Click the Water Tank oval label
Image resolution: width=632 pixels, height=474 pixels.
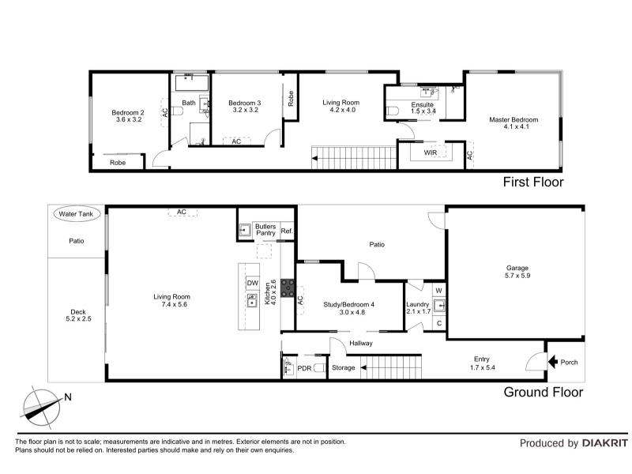(x=76, y=214)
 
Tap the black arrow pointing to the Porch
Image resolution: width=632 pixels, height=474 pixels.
(x=552, y=362)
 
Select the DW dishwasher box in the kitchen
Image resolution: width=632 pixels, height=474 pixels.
(x=252, y=283)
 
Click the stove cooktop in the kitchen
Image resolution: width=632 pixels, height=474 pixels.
(x=288, y=288)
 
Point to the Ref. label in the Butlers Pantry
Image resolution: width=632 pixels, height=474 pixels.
(x=287, y=231)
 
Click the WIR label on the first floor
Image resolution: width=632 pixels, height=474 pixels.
(x=431, y=152)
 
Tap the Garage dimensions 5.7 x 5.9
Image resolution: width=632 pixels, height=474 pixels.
(x=517, y=276)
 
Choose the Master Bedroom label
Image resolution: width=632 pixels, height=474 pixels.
(x=513, y=120)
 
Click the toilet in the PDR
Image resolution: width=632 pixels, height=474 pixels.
(x=320, y=367)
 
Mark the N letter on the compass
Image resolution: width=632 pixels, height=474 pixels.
(x=68, y=397)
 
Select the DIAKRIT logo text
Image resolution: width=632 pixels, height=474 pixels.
(x=605, y=443)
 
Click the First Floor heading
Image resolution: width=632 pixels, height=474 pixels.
(x=533, y=182)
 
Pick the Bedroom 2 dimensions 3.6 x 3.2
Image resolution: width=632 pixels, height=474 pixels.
(x=129, y=120)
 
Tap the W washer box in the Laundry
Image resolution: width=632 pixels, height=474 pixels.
(x=439, y=291)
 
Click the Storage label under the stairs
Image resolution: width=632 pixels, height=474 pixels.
(x=344, y=367)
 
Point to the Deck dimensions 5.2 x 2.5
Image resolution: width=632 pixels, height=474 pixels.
(x=78, y=319)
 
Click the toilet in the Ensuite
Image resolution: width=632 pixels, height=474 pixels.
(x=392, y=111)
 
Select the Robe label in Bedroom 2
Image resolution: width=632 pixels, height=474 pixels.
(x=118, y=163)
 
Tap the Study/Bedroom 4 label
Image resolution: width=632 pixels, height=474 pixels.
(x=348, y=305)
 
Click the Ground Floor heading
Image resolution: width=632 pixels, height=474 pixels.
(x=544, y=392)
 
